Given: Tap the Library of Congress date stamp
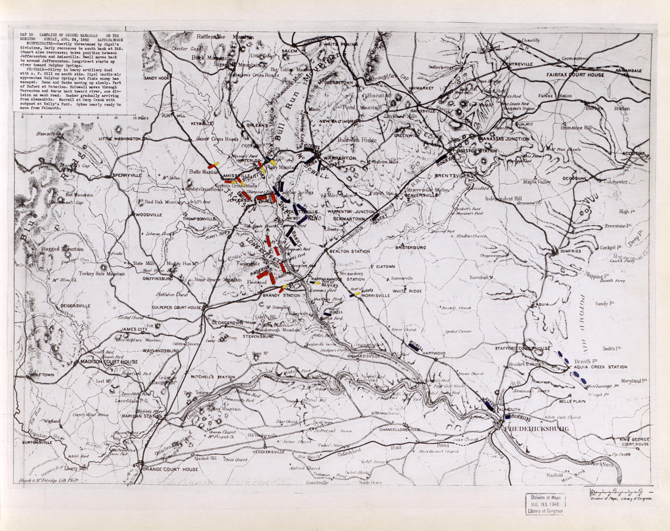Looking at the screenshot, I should [x=545, y=504].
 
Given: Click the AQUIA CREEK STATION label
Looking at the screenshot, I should [x=601, y=367].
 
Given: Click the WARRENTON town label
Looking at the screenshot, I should [x=339, y=158].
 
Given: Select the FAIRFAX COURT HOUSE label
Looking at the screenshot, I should [x=575, y=75].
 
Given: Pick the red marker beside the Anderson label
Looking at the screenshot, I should [x=263, y=275].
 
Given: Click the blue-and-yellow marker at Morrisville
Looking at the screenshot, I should [x=355, y=294].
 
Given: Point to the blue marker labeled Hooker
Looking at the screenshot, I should [x=442, y=157].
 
